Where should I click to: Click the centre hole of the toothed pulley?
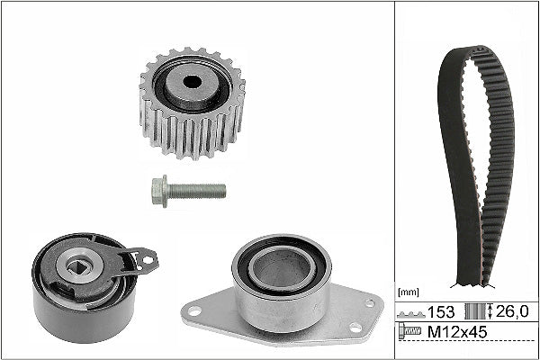pos(191,81)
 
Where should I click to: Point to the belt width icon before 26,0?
pos(473,313)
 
